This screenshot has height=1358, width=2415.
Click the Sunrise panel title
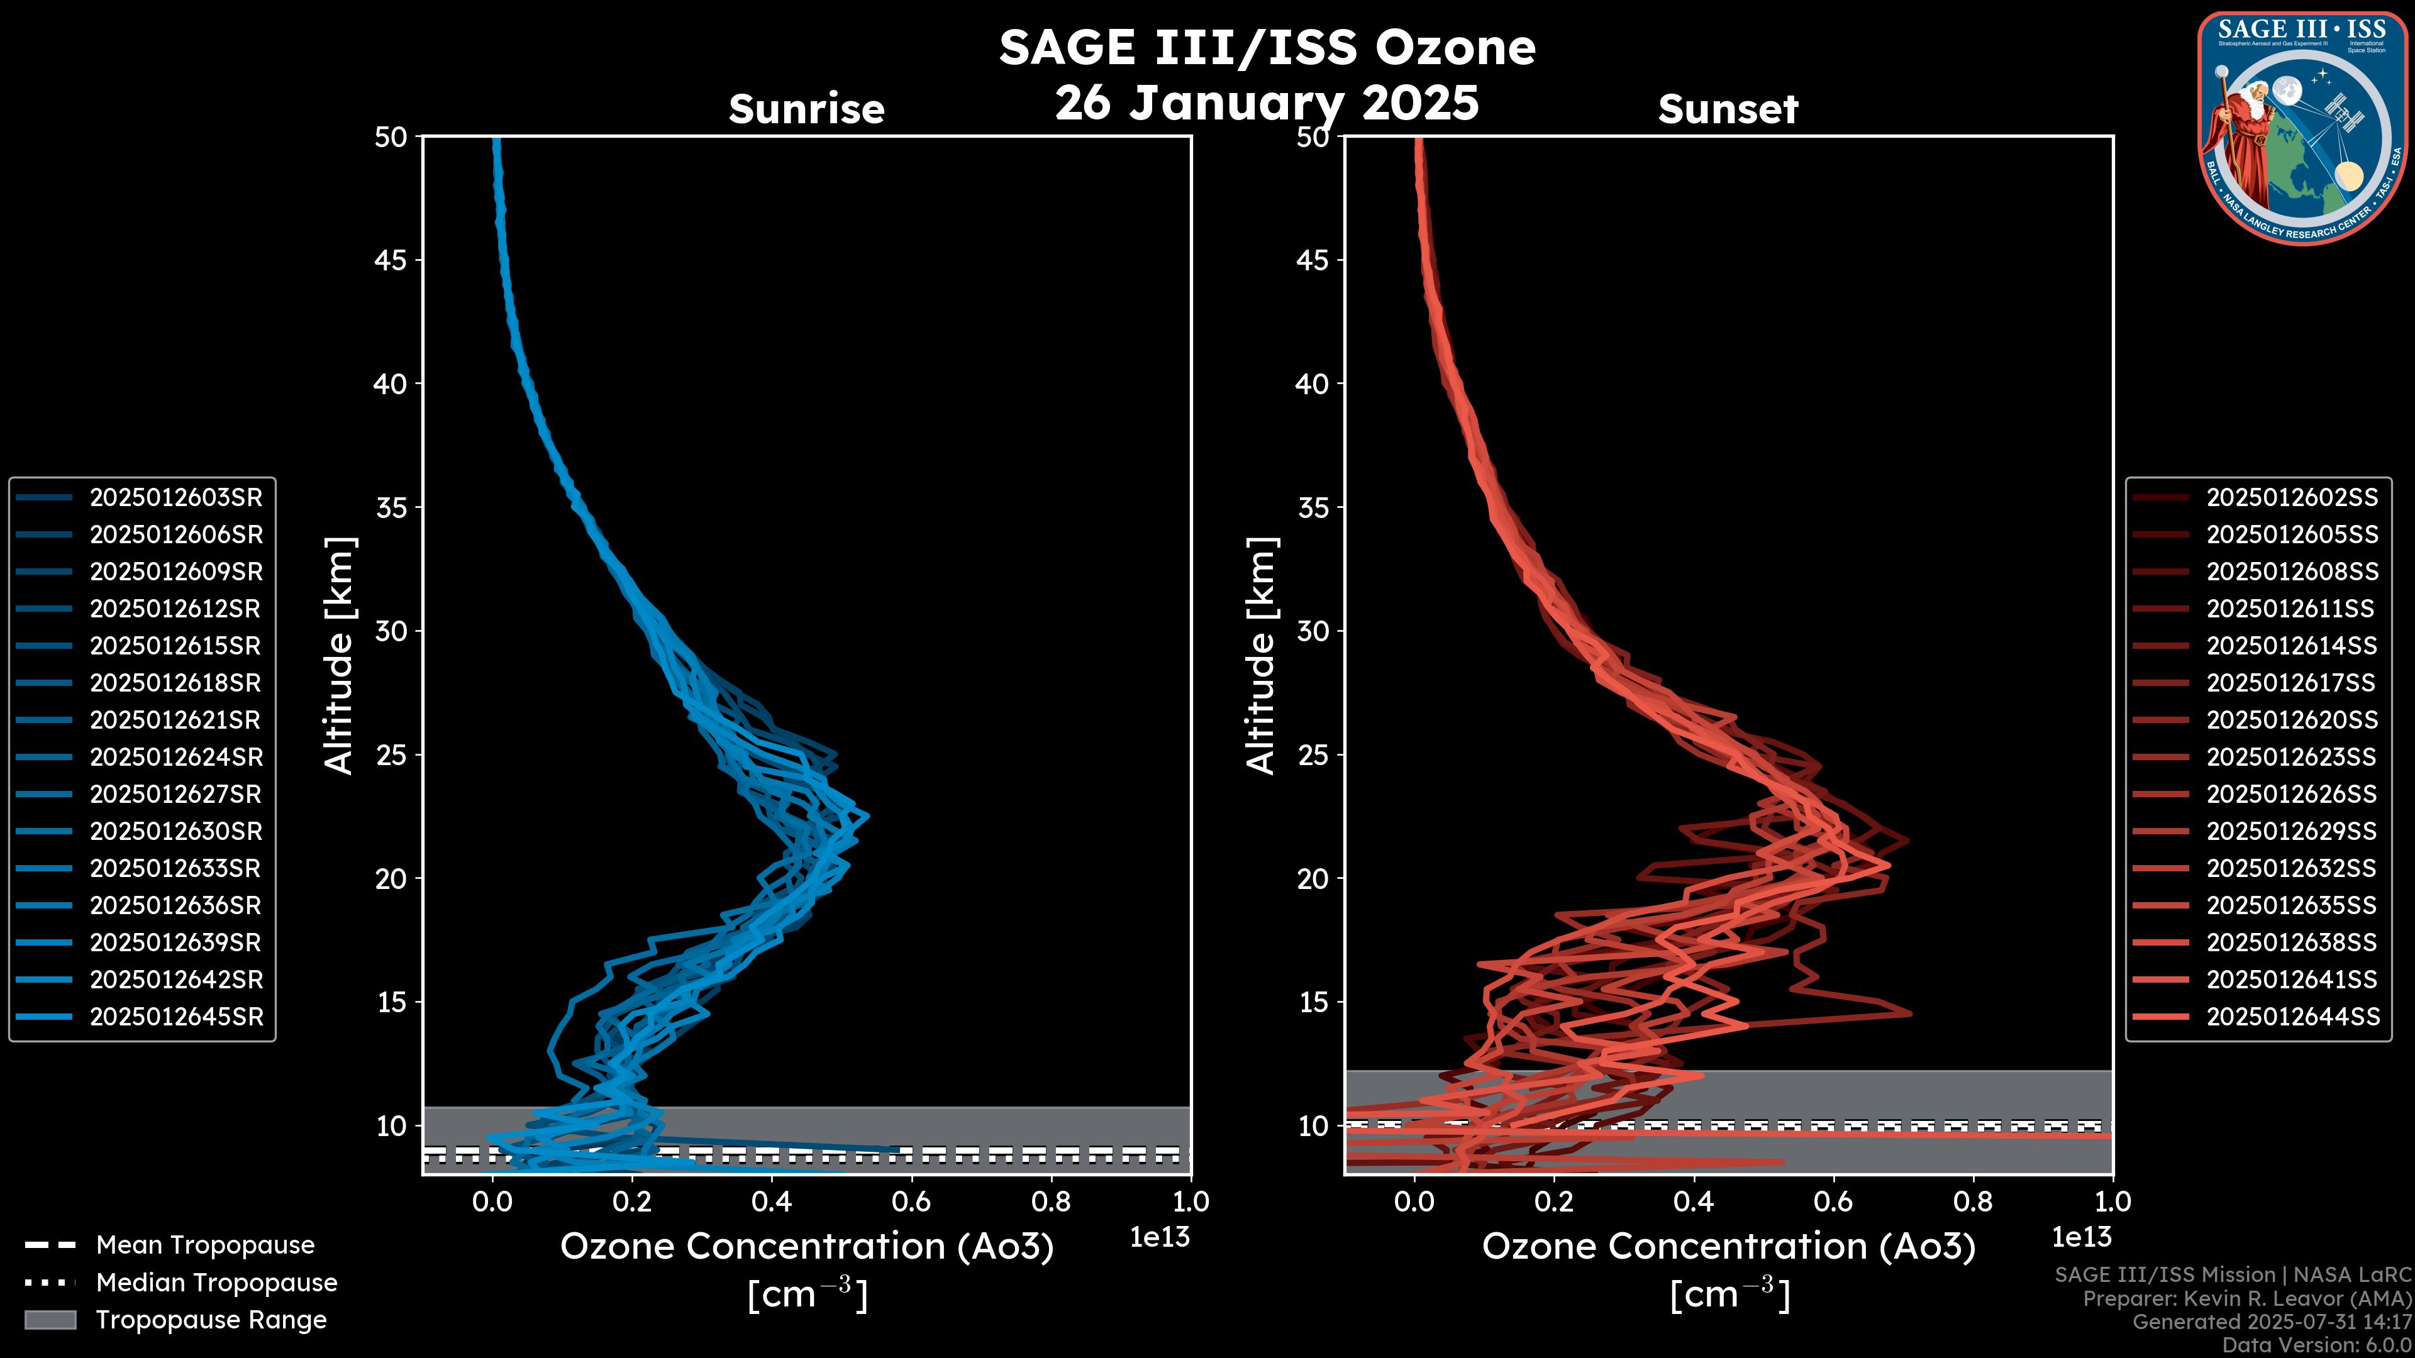point(806,109)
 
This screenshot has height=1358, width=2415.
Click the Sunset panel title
point(1728,109)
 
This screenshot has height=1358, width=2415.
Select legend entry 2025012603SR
point(175,498)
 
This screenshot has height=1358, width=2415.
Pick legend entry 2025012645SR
point(175,1017)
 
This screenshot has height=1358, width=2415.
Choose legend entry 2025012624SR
point(175,757)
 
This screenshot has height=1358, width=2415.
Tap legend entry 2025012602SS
point(2291,498)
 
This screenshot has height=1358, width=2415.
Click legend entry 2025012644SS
point(2291,1017)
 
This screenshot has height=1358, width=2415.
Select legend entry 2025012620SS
point(2291,720)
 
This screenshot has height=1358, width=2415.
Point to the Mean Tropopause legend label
point(205,1245)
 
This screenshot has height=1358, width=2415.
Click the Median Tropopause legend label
point(216,1283)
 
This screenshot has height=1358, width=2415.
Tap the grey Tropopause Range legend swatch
point(50,1320)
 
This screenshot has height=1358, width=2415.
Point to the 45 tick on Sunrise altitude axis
point(391,260)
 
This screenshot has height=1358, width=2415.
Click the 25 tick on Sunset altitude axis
point(1313,754)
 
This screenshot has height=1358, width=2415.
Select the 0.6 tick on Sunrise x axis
point(911,1201)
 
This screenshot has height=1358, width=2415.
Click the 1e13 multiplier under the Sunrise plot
point(1160,1237)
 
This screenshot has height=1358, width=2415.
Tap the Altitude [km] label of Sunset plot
point(1261,656)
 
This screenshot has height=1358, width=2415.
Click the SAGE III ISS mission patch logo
point(2302,128)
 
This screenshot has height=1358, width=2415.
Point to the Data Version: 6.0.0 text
point(2318,1346)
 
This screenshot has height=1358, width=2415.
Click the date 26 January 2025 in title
point(1267,103)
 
